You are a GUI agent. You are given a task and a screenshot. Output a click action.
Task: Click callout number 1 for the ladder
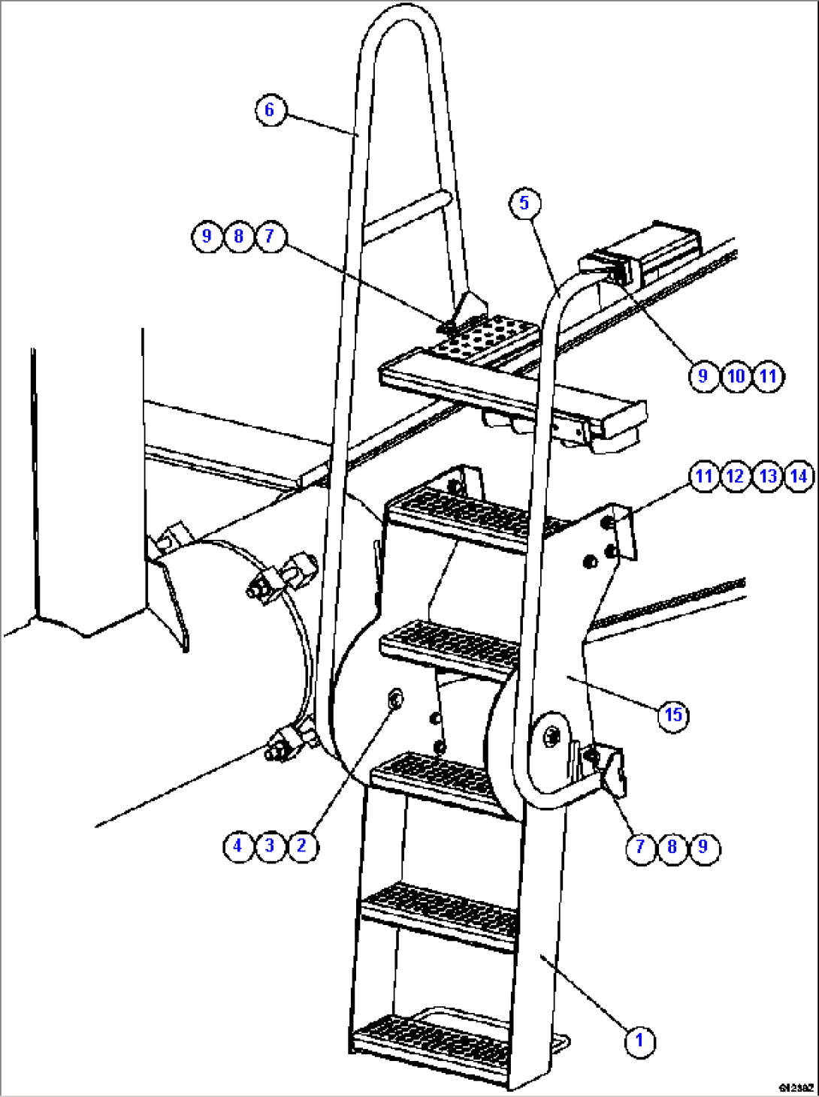point(639,1041)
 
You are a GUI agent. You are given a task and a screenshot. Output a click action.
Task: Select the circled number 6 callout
point(270,110)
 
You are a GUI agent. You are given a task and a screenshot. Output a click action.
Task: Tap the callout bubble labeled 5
point(524,203)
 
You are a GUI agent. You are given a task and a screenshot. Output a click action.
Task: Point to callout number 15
point(673,714)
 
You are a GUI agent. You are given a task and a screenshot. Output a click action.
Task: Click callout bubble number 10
point(736,375)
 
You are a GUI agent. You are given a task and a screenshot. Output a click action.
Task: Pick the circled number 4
point(237,846)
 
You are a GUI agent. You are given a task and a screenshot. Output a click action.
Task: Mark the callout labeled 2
point(301,846)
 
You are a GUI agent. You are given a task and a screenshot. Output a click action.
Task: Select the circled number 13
point(767,476)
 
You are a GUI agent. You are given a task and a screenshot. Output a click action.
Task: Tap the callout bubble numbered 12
point(735,476)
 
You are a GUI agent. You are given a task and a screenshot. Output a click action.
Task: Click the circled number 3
point(270,846)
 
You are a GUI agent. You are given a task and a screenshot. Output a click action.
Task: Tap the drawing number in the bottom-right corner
point(796,1086)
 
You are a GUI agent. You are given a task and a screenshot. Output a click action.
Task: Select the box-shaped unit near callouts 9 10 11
point(654,252)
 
